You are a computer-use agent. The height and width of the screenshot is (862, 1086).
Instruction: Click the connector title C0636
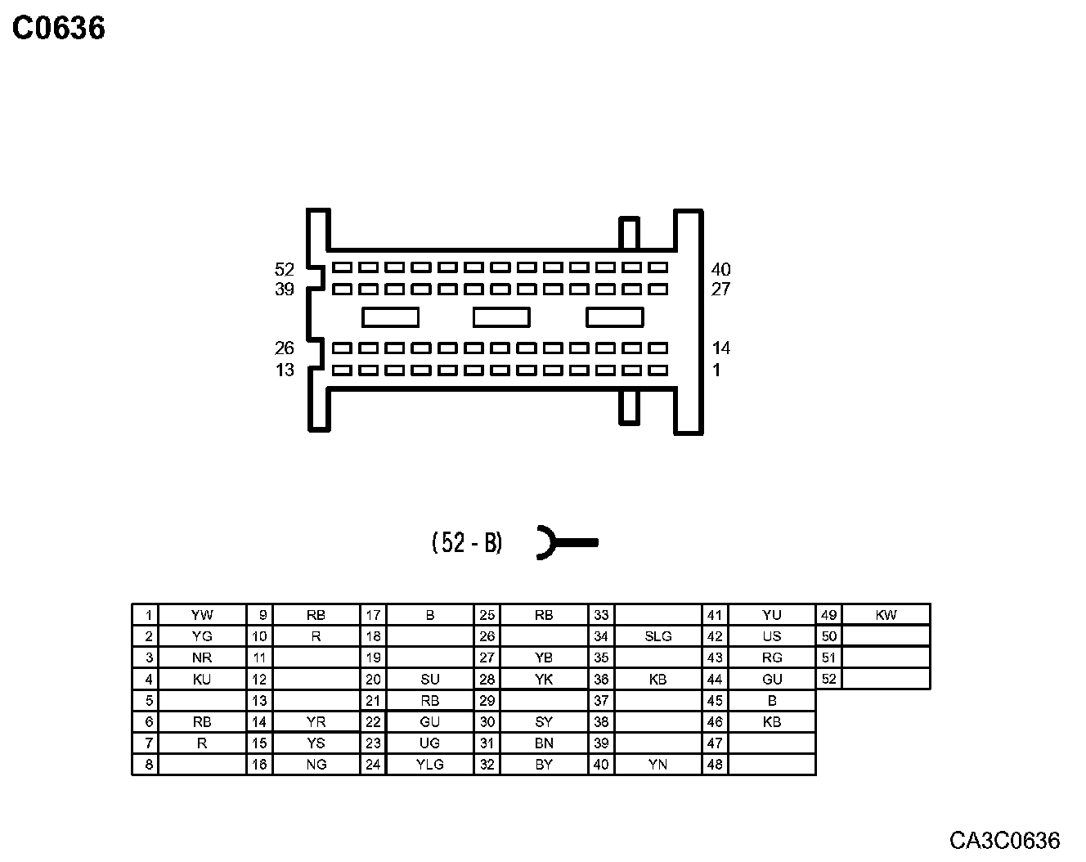point(59,29)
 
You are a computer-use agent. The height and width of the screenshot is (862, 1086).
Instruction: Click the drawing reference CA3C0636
point(1004,840)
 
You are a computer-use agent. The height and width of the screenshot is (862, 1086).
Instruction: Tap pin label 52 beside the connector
point(284,269)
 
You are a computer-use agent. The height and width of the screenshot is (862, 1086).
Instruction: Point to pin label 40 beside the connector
point(720,269)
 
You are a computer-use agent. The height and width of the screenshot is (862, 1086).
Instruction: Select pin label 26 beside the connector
point(284,348)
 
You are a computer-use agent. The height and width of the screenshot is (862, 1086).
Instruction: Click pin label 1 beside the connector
point(716,370)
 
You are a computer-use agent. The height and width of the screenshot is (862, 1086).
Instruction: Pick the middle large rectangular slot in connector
point(501,317)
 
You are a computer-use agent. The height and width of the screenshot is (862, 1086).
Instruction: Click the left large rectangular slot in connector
point(390,317)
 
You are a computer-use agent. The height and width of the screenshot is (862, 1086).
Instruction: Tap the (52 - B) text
point(467,542)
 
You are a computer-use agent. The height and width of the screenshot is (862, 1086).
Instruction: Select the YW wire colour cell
point(201,615)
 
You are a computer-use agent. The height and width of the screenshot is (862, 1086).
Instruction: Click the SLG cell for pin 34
point(657,636)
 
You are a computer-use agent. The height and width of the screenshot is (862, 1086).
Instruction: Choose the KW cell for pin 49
point(886,615)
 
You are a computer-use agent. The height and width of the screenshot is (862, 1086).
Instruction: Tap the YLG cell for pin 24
point(429,765)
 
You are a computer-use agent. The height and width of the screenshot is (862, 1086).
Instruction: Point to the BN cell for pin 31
point(544,743)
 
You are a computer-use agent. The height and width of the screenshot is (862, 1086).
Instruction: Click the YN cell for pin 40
point(657,765)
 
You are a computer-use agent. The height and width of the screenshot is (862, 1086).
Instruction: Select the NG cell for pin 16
point(316,765)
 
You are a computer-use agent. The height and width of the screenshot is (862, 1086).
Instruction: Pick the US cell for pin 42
point(771,636)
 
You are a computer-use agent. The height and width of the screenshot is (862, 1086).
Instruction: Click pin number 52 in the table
point(829,679)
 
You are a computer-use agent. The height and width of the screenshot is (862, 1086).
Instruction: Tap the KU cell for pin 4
point(201,679)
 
